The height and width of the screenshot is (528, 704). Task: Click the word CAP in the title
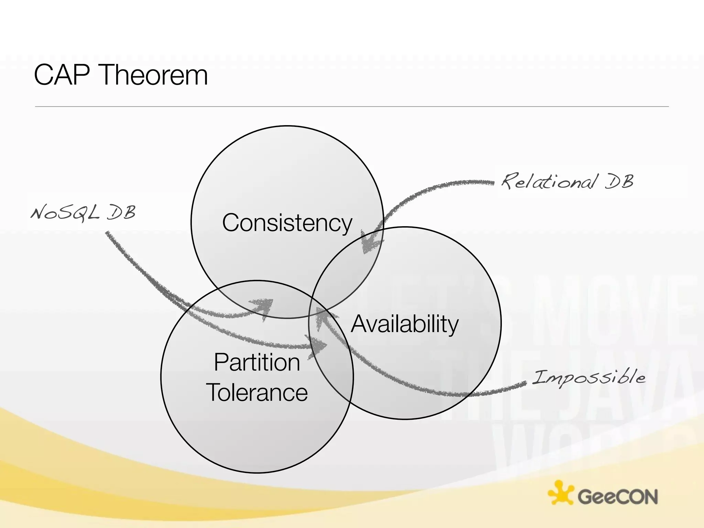tap(62, 75)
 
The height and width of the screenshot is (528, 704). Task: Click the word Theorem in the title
tap(154, 75)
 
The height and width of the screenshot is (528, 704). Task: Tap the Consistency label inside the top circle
tap(287, 223)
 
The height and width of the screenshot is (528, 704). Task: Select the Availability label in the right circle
tap(405, 324)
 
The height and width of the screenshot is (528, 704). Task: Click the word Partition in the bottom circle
tap(257, 363)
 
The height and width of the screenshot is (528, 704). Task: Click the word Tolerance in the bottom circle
tap(257, 393)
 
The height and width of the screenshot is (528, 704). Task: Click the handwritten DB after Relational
tap(619, 181)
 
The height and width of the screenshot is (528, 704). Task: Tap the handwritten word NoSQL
tap(65, 212)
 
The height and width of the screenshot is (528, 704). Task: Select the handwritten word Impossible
tap(589, 377)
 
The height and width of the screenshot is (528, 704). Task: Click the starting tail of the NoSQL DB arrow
tap(108, 234)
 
